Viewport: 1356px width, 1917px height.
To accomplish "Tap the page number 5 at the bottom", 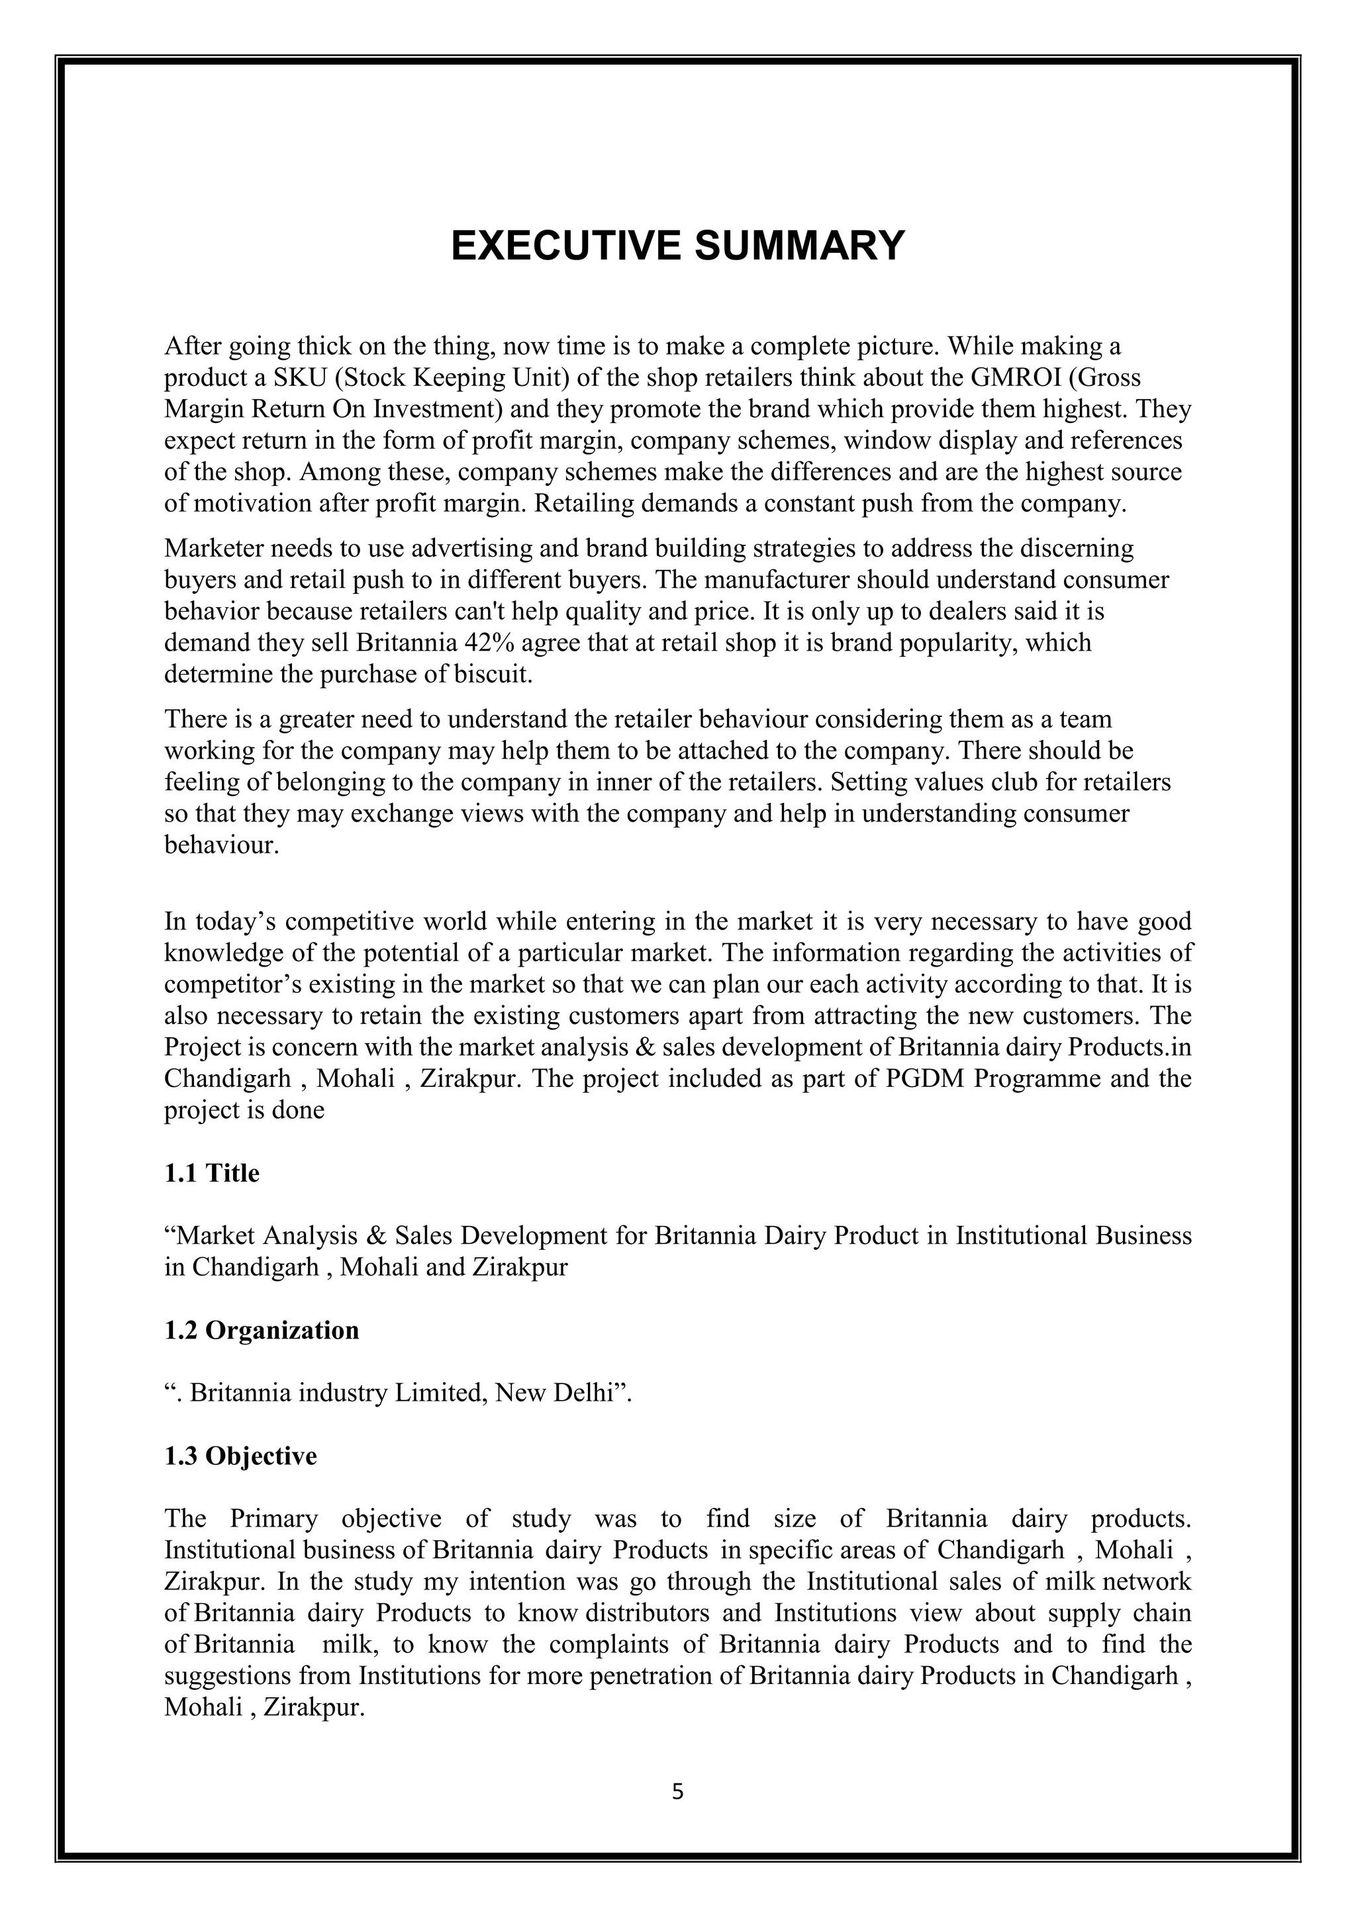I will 677,1792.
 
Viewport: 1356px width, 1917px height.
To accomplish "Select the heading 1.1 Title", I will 211,1174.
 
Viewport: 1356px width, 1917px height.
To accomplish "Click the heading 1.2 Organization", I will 262,1330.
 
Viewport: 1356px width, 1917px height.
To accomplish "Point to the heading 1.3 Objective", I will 240,1456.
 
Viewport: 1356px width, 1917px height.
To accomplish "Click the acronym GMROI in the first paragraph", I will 1015,378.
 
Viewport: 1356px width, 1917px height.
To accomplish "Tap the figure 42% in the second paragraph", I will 503,643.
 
